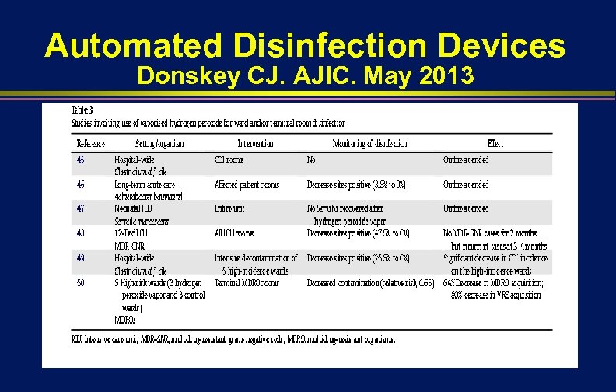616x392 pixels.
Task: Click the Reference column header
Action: [90, 143]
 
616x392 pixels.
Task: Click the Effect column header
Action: [495, 143]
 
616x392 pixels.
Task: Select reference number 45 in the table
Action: [82, 159]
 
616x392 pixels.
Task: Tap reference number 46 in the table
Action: [82, 184]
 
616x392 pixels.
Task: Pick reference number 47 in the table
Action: [82, 208]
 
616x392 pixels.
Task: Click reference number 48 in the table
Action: [82, 233]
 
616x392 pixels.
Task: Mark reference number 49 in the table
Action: [82, 257]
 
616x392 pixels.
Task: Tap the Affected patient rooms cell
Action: [247, 184]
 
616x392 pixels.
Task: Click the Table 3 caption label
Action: [82, 110]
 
